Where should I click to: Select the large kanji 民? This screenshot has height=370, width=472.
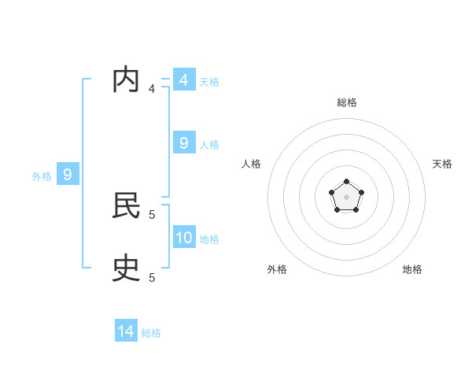(x=126, y=206)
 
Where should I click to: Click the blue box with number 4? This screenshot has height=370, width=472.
(x=183, y=80)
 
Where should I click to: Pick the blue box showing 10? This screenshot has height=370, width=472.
(x=184, y=238)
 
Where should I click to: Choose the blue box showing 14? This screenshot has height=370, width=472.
(x=126, y=331)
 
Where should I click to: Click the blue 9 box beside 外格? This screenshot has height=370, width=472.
(x=68, y=175)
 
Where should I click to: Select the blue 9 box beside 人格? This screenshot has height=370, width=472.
(x=183, y=143)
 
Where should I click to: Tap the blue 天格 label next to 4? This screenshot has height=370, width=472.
(x=209, y=81)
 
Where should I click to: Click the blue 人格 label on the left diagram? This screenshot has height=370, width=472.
(x=209, y=145)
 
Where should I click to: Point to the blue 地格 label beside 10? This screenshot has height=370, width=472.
(x=209, y=239)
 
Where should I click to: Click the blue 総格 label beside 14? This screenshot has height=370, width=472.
(x=151, y=333)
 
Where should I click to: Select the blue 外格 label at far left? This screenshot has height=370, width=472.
(x=42, y=176)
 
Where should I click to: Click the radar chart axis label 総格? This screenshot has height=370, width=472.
(x=346, y=102)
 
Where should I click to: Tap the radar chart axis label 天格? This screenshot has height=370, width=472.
(x=442, y=164)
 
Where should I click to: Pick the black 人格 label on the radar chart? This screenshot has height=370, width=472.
(x=252, y=164)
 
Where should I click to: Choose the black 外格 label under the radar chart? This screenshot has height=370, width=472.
(x=277, y=269)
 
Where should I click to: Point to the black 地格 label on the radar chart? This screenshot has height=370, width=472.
(x=412, y=269)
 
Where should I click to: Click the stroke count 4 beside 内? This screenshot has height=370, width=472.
(x=152, y=88)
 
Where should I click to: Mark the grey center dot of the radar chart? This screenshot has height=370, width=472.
(x=346, y=197)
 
